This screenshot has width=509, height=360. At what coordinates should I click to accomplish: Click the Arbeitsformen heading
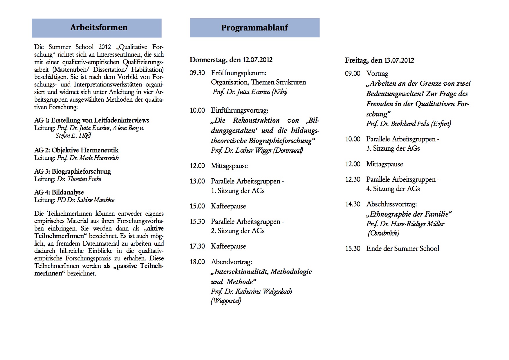tap(99, 28)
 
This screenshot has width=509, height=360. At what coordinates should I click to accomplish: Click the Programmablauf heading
tap(255, 28)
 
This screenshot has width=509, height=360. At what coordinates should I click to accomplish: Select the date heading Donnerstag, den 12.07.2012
tap(231, 60)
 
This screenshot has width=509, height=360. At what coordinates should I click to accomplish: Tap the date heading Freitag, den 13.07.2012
tap(379, 60)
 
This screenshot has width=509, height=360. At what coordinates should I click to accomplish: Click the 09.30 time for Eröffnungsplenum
tap(197, 73)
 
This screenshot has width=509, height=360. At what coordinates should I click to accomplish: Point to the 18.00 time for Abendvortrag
tap(197, 262)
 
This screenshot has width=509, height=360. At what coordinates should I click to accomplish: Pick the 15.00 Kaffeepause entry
tap(228, 206)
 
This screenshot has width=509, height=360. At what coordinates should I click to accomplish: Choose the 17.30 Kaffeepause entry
tap(228, 246)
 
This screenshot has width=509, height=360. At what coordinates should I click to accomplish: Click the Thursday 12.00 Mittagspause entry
tap(229, 166)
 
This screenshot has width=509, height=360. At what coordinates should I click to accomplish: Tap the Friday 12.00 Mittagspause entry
tap(385, 164)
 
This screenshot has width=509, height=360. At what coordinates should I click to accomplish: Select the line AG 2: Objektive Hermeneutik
tap(76, 150)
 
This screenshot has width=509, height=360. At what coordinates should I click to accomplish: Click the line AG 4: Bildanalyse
tap(59, 192)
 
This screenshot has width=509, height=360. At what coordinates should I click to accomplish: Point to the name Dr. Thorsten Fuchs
tap(79, 179)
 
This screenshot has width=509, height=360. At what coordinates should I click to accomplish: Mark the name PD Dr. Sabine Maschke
tap(86, 200)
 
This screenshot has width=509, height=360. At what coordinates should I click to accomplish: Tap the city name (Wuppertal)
tap(226, 301)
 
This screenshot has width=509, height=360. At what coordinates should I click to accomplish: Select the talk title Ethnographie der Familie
tap(409, 214)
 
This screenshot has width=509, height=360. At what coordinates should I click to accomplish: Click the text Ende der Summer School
tap(402, 249)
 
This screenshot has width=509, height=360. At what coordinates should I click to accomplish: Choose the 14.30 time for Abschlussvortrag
tap(353, 204)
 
